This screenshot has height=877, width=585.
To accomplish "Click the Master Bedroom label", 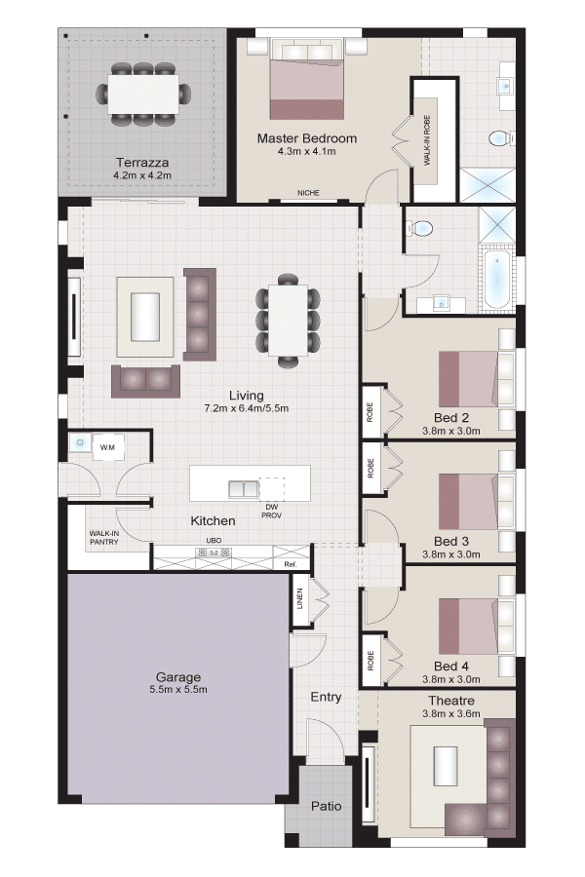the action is (x=307, y=138).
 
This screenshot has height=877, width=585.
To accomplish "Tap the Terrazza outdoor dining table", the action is (x=144, y=94).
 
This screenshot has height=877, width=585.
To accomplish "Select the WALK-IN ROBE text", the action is (x=427, y=139).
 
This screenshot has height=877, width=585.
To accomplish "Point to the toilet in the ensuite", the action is (x=500, y=138).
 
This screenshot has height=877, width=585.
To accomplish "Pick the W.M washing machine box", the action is (x=108, y=447).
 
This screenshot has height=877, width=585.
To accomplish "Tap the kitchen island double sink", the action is (x=244, y=489).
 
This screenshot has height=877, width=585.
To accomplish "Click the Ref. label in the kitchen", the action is (x=290, y=564).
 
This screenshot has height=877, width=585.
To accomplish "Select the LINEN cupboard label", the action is (x=300, y=598).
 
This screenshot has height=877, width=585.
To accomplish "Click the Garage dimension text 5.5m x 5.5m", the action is (x=178, y=690).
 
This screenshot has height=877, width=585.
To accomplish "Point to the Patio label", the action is (x=327, y=806).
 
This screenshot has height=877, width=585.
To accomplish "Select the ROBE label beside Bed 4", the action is (x=370, y=661).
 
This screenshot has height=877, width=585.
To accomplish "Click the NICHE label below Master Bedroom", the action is (x=308, y=193).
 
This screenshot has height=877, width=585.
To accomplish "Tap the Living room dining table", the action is (x=288, y=321).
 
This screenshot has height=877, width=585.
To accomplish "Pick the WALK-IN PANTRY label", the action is (x=104, y=538).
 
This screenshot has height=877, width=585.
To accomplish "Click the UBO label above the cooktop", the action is (x=214, y=540).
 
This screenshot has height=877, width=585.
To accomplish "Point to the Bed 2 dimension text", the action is (x=451, y=431).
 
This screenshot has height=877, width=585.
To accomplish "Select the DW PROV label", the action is (x=271, y=512).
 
